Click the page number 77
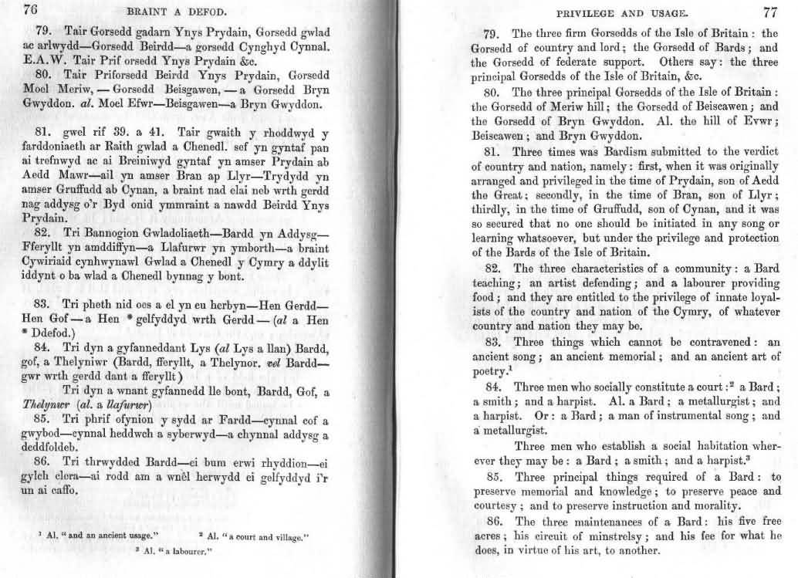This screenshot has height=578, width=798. [x=770, y=12]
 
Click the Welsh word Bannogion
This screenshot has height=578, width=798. [x=88, y=232]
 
